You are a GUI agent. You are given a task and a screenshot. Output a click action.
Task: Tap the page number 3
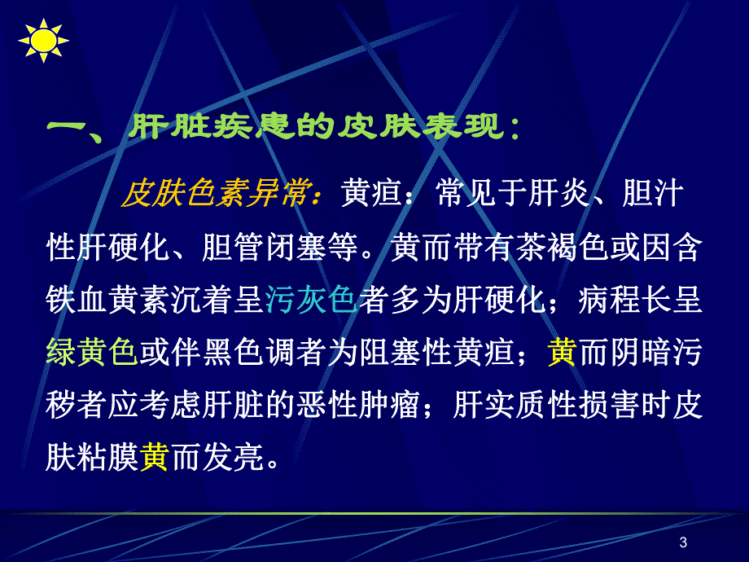click(682, 543)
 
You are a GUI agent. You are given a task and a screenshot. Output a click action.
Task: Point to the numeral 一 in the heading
click(68, 129)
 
